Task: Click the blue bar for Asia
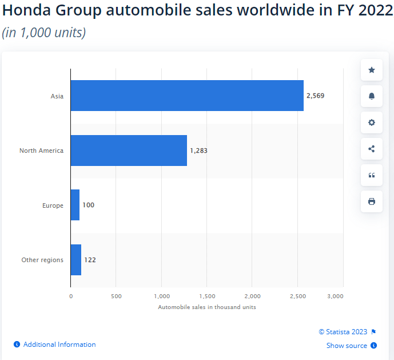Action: point(187,96)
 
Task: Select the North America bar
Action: point(129,151)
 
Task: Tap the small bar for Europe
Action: point(75,205)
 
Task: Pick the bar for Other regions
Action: point(76,260)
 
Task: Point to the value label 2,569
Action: point(315,96)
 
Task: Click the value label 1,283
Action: point(198,151)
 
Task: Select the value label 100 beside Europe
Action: point(88,205)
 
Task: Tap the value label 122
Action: point(90,260)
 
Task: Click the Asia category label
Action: point(57,96)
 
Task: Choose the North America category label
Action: point(41,151)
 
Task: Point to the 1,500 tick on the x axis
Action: point(207,296)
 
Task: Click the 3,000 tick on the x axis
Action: point(335,296)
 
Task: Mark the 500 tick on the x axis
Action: point(116,296)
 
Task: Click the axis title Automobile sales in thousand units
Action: point(206,307)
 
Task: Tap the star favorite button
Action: point(372,70)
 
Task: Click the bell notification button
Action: point(372,96)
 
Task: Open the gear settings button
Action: point(372,122)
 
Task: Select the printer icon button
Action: point(372,201)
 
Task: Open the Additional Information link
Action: point(59,345)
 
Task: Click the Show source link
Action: point(347,346)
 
